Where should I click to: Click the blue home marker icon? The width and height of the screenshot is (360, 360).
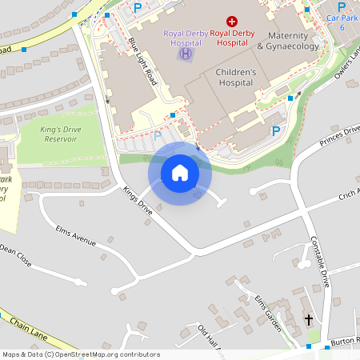click(179, 173)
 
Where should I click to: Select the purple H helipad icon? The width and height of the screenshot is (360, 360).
click(185, 54)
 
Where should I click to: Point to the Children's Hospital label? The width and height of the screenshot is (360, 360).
click(236, 78)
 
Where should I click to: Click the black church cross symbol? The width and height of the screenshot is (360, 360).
click(310, 321)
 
